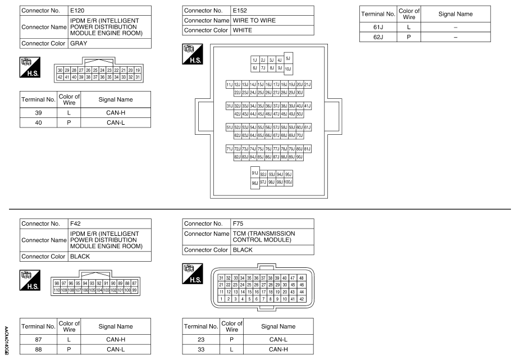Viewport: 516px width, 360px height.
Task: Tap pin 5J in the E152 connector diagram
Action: pyautogui.click(x=288, y=58)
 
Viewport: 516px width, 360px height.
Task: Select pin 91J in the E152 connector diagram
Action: pyautogui.click(x=255, y=174)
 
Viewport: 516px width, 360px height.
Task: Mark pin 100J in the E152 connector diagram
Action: pyautogui.click(x=289, y=183)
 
